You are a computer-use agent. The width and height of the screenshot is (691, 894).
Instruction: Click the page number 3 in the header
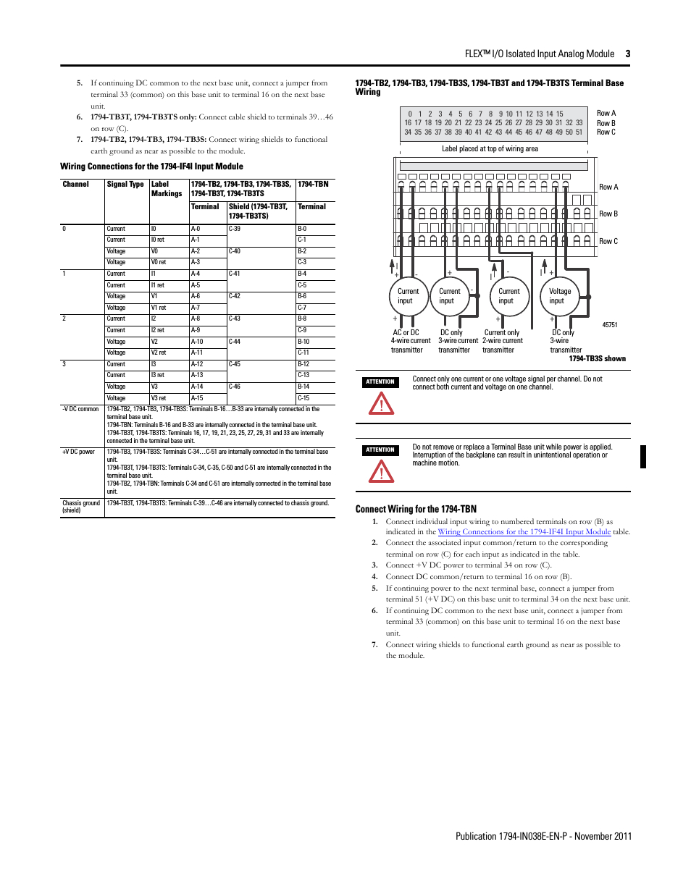tap(627, 54)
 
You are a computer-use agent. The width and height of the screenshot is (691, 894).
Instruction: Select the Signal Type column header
tap(125, 185)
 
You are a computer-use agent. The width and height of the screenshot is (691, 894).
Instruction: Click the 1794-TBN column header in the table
tap(313, 185)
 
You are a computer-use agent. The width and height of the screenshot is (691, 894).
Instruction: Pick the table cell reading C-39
tap(235, 229)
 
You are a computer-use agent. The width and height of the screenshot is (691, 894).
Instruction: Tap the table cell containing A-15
tap(197, 398)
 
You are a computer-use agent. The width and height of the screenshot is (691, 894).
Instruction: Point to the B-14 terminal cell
tap(303, 387)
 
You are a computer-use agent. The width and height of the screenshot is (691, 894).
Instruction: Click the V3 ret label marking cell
tap(159, 398)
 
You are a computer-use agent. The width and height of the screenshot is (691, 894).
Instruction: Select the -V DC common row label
tap(80, 409)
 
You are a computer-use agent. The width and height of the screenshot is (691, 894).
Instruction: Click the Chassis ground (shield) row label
tap(81, 507)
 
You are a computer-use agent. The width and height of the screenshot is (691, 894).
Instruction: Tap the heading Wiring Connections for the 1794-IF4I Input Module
tap(151, 166)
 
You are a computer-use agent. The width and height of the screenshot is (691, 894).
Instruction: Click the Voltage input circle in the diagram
tap(560, 296)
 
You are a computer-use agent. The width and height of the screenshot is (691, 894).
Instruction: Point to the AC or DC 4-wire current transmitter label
tap(409, 341)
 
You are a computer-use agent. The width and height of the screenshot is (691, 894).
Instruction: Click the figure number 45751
tap(610, 325)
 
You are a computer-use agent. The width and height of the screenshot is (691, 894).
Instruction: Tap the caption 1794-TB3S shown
tap(597, 358)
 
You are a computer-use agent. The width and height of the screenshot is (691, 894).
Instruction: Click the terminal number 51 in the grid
tap(579, 132)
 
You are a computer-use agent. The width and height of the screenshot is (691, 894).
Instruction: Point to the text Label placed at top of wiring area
tap(490, 148)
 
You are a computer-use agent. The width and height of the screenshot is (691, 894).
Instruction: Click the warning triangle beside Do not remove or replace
tap(381, 471)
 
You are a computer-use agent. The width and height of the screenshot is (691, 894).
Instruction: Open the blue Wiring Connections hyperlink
tap(524, 531)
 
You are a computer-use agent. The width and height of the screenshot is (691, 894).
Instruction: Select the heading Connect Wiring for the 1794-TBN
tap(416, 509)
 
